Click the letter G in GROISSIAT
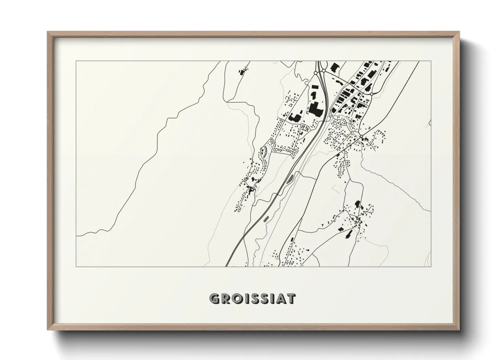215,299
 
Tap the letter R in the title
226,299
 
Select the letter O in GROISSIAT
238,299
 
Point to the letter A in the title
280,299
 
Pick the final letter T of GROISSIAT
291,299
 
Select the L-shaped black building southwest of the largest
295,118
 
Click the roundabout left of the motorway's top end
316,72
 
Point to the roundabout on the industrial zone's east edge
372,94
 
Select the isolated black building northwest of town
242,72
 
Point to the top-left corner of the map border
76,61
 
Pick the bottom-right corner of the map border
431,266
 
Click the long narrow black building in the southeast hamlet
348,234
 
